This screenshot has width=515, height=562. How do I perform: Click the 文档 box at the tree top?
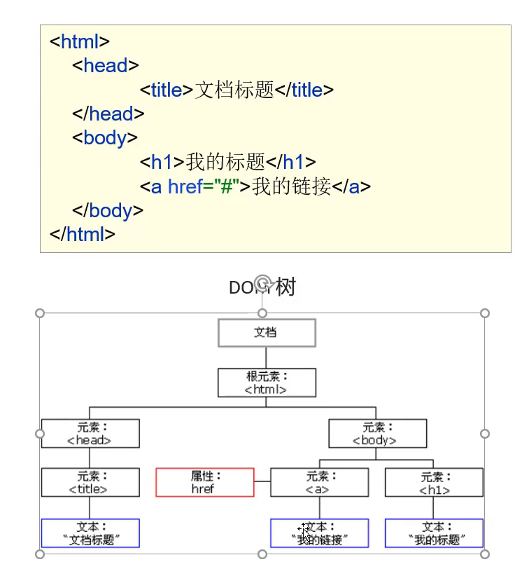pyautogui.click(x=267, y=333)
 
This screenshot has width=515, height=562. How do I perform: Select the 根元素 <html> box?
pyautogui.click(x=267, y=383)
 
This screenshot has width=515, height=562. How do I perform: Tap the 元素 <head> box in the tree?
pyautogui.click(x=90, y=434)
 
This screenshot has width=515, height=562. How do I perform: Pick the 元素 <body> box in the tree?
pyautogui.click(x=377, y=434)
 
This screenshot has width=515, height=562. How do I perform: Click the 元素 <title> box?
pyautogui.click(x=90, y=483)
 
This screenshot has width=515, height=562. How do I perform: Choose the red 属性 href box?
pyautogui.click(x=204, y=483)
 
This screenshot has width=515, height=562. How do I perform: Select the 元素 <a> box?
pyautogui.click(x=319, y=483)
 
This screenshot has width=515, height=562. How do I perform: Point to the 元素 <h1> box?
pyautogui.click(x=434, y=483)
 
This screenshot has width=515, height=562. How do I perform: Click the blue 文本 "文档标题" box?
pyautogui.click(x=90, y=533)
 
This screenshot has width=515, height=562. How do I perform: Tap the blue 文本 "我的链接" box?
pyautogui.click(x=319, y=533)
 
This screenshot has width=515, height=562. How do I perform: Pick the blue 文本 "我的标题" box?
pyautogui.click(x=434, y=533)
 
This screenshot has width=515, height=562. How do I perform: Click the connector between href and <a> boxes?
pyautogui.click(x=262, y=482)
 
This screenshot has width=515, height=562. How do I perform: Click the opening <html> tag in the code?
pyautogui.click(x=80, y=41)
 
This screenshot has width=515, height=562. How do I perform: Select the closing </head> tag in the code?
pyautogui.click(x=108, y=114)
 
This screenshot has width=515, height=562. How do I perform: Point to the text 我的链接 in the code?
pyautogui.click(x=291, y=186)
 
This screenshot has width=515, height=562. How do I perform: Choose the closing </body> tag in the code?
pyautogui.click(x=108, y=210)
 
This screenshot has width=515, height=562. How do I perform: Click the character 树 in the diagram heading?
pyautogui.click(x=285, y=287)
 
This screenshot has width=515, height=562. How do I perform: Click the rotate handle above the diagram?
pyautogui.click(x=262, y=283)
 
